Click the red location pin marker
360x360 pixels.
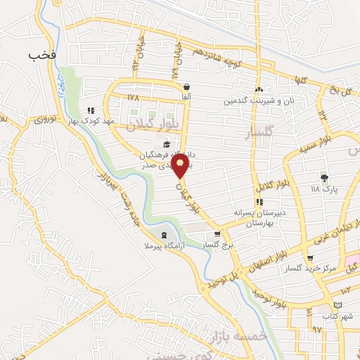[181, 167]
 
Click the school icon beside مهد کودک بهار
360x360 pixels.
[90, 110]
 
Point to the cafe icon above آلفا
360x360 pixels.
[186, 86]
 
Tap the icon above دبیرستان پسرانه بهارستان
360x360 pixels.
[259, 202]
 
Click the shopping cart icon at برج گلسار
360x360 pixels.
[217, 235]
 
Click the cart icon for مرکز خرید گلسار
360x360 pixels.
[310, 257]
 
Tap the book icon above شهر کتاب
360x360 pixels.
[340, 304]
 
